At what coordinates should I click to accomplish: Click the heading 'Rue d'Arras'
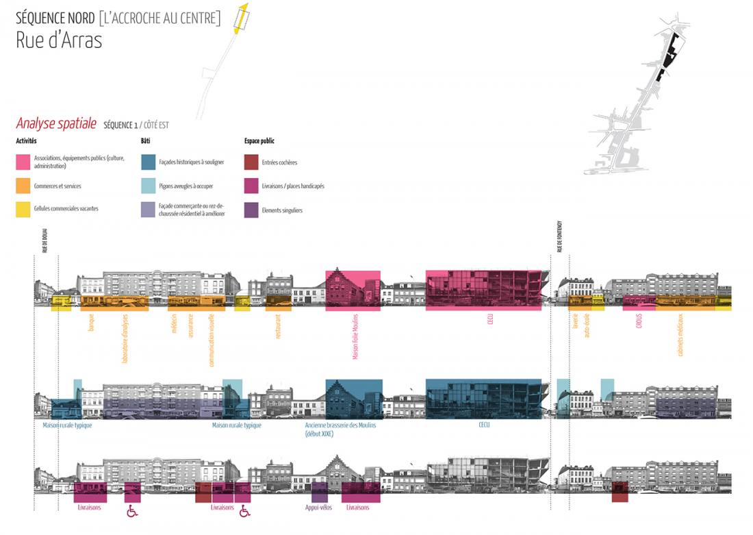(x=59, y=40)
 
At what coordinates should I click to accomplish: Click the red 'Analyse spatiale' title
(x=56, y=124)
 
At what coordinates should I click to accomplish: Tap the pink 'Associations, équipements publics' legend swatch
(x=23, y=162)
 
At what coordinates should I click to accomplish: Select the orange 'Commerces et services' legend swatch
(x=23, y=185)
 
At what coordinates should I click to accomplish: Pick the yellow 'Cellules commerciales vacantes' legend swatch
(x=23, y=209)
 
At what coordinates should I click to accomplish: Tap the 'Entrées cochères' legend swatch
(x=251, y=162)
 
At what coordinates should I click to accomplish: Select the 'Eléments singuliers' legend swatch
(x=251, y=210)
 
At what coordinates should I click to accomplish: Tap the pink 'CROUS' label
(x=638, y=321)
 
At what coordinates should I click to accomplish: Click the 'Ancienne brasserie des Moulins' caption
(x=340, y=425)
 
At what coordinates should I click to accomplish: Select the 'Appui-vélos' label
(x=318, y=508)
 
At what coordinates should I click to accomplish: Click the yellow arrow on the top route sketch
(x=240, y=18)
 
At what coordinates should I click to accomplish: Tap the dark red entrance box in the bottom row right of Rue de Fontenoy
(x=620, y=493)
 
